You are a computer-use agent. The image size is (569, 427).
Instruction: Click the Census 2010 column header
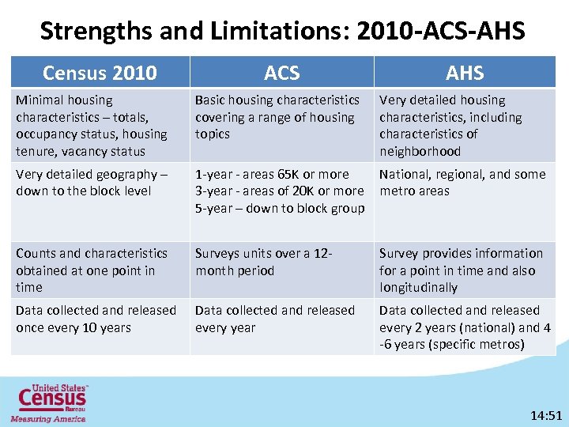(x=100, y=73)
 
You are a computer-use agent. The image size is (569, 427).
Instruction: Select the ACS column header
(x=282, y=73)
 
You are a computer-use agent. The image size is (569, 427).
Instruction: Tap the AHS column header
(x=465, y=73)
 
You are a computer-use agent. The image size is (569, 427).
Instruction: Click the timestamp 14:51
(x=545, y=414)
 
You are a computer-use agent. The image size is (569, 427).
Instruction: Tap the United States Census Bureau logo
(x=49, y=402)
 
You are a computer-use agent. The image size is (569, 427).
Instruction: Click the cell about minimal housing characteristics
(x=92, y=125)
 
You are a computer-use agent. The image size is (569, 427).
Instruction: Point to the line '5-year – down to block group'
(x=280, y=209)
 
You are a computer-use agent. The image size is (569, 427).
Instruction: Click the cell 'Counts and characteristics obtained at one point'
(x=92, y=270)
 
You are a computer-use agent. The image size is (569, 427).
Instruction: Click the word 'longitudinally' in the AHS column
(x=418, y=288)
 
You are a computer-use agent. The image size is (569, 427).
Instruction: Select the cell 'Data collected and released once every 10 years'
(x=96, y=319)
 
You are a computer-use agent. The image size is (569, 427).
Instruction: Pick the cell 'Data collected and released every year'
(x=275, y=319)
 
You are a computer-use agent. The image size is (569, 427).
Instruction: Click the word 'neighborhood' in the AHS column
(x=420, y=152)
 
